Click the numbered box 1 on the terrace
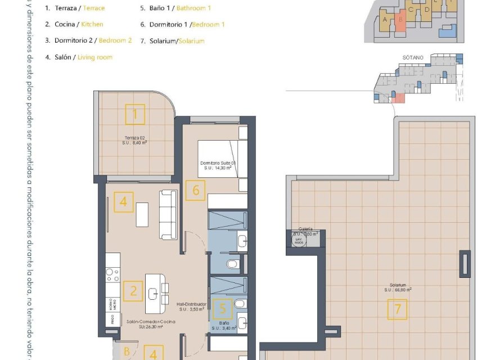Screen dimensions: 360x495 click(x=134, y=115)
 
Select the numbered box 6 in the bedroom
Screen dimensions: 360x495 click(x=196, y=190)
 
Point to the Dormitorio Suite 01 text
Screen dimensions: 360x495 click(x=217, y=165)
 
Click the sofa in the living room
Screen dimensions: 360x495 click(x=168, y=214)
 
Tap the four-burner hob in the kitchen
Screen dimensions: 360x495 click(x=112, y=274)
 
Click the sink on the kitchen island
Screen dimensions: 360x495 click(x=153, y=292)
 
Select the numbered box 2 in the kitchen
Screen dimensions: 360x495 click(x=133, y=291)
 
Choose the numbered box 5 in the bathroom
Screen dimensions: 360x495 click(x=223, y=308)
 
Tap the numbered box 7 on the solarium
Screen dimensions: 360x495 click(x=397, y=309)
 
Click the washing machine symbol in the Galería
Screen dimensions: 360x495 click(x=298, y=240)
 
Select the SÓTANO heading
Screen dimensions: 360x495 click(x=412, y=57)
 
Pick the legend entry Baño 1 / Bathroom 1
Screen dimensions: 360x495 click(x=175, y=8)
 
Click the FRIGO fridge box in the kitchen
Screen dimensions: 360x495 click(x=112, y=318)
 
